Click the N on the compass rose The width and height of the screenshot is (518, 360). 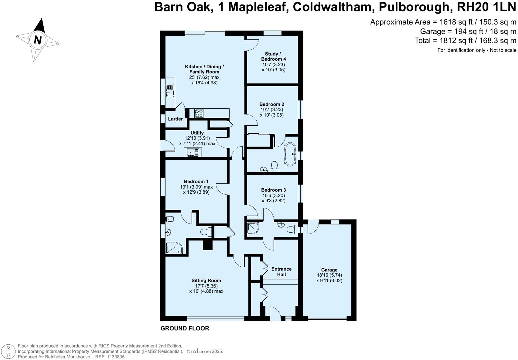37,40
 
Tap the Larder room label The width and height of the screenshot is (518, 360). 175,119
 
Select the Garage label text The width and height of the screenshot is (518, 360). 329,270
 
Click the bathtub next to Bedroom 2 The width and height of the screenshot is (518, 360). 290,154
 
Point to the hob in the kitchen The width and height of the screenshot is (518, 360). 199,113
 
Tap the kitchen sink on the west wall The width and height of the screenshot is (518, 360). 170,90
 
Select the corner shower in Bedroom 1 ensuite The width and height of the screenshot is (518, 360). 174,248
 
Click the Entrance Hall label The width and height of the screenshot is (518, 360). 281,272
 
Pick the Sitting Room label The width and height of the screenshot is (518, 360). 206,281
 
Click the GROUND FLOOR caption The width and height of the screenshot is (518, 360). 185,328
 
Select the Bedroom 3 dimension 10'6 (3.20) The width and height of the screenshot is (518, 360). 273,195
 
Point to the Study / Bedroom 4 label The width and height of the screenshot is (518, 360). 273,56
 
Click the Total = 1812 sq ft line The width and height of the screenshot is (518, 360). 465,41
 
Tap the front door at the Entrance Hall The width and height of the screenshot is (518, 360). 275,314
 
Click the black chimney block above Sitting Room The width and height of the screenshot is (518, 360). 208,245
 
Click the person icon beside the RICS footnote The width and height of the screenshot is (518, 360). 9,351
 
